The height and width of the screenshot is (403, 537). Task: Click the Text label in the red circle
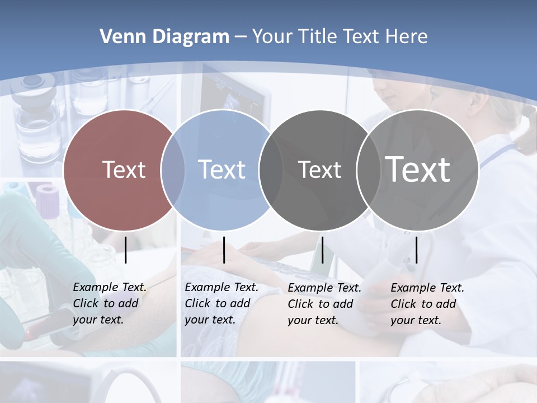124,170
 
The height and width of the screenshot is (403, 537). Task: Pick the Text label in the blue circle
222,170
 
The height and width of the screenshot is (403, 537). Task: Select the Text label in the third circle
319,170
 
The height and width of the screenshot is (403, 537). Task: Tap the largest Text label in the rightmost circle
418,169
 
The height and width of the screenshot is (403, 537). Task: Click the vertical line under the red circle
126,250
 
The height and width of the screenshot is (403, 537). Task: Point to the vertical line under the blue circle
224,250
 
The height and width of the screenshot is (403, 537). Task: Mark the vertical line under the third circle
322,250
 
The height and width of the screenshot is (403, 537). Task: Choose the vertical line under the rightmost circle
416,250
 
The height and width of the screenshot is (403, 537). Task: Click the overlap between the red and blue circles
173,170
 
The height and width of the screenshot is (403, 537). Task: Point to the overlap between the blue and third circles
271,170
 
